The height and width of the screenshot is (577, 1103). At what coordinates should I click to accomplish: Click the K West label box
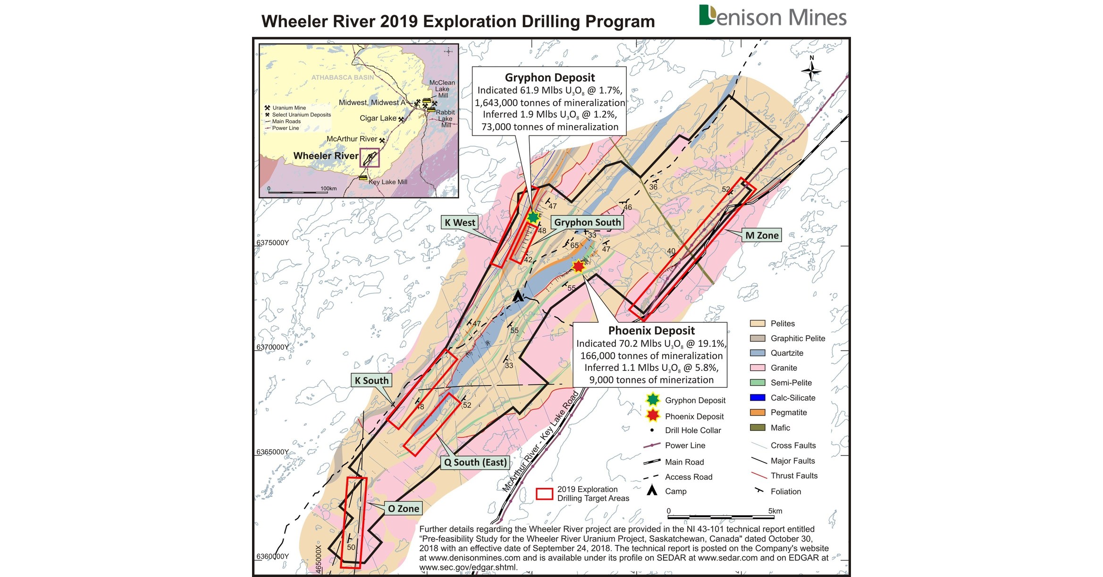[460, 223]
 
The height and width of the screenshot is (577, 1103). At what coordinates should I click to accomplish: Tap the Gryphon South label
[587, 222]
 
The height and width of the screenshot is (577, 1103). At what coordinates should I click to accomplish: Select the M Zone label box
[761, 235]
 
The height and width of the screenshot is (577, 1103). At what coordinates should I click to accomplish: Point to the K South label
[371, 380]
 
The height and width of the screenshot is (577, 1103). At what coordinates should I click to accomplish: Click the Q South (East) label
[475, 462]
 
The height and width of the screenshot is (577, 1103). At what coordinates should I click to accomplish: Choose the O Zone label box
[403, 509]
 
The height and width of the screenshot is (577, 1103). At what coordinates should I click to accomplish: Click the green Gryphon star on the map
[533, 217]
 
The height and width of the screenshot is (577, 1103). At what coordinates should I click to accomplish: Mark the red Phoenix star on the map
[578, 267]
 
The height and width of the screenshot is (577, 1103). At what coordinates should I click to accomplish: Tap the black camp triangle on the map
[518, 296]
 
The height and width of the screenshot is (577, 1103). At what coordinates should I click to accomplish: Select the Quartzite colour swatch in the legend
[758, 353]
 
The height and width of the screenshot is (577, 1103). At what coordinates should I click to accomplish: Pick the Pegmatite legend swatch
[758, 412]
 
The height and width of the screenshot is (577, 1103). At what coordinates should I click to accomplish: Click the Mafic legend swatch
[758, 427]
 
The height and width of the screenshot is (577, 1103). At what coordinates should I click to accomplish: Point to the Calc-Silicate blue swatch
[758, 398]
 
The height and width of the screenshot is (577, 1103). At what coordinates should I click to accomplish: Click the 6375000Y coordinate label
[272, 243]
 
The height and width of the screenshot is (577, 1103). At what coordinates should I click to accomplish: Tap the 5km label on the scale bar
[775, 511]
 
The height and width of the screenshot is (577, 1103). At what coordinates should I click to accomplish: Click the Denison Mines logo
[773, 17]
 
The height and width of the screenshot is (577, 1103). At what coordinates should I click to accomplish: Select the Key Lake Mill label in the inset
[387, 182]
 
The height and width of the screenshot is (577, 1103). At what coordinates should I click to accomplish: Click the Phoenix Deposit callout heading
[651, 330]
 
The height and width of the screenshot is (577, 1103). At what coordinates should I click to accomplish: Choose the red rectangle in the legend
[544, 494]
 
